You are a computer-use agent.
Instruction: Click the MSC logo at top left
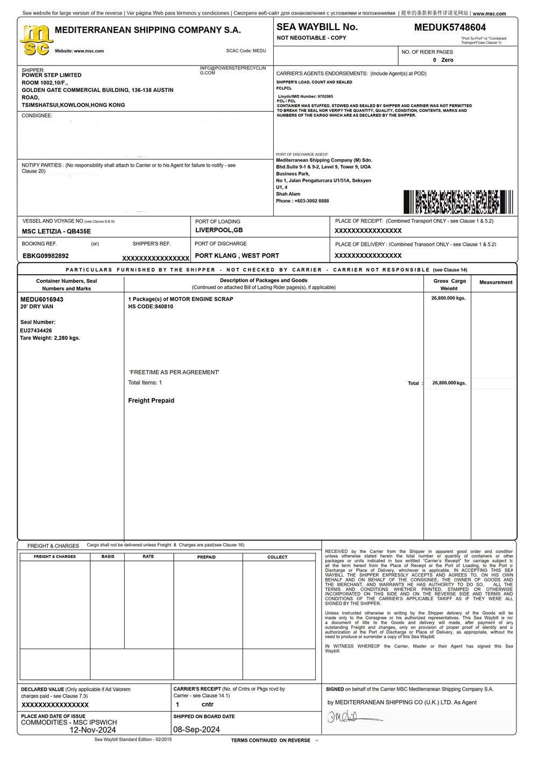click(36, 41)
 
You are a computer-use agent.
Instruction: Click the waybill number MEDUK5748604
click(450, 27)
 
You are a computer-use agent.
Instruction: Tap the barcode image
click(458, 202)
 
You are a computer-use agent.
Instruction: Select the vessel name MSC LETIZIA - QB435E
click(56, 231)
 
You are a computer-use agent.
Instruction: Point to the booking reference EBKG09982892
click(46, 256)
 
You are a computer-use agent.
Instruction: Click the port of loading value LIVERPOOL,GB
click(219, 230)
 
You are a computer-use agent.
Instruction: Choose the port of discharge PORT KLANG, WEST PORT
click(237, 255)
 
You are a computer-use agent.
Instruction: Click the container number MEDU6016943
click(42, 299)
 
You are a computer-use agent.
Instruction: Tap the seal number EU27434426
click(36, 331)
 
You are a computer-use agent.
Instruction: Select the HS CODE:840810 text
click(151, 307)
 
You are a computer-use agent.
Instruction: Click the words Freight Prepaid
click(151, 401)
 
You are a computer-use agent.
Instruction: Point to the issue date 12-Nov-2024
click(93, 730)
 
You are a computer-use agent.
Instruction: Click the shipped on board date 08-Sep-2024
click(196, 730)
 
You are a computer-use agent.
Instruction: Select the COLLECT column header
click(278, 557)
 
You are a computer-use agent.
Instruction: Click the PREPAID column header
click(207, 557)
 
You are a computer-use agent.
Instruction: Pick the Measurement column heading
click(495, 282)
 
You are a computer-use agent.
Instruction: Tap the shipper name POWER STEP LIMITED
click(52, 75)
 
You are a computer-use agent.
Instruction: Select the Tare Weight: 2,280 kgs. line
click(50, 338)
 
